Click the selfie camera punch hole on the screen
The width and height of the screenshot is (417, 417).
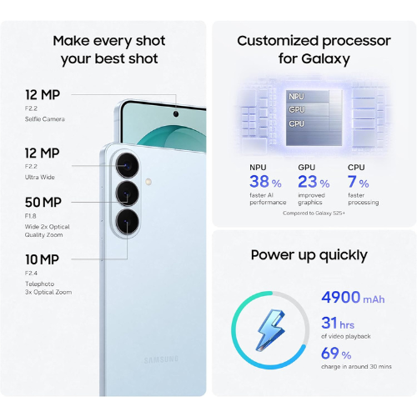tap(176, 114)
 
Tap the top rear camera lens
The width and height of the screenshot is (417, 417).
tap(128, 166)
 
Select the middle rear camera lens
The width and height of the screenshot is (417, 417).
tap(128, 193)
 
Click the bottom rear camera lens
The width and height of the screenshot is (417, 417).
tap(128, 222)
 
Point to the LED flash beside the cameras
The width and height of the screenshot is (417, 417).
tap(148, 182)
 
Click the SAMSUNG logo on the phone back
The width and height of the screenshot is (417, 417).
tap(161, 359)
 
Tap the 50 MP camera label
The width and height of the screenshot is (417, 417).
tap(43, 203)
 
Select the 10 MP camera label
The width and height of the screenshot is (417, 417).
tap(42, 259)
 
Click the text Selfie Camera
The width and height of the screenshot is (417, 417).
tap(45, 119)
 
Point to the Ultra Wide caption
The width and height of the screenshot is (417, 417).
tap(40, 178)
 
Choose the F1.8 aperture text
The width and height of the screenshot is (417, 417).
tap(31, 216)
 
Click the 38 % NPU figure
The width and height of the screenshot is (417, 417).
tap(265, 182)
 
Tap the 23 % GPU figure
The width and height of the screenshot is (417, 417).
tap(314, 182)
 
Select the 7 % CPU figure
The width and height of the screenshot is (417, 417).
tap(359, 182)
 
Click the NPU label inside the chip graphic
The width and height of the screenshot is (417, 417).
tap(296, 97)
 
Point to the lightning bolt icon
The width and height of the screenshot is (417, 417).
tap(270, 330)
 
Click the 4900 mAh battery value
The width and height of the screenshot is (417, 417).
tap(353, 298)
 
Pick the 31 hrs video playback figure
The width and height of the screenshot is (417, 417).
tap(338, 323)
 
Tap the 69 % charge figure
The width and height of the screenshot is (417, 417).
tap(336, 354)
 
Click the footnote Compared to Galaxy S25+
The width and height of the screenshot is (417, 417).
tap(314, 214)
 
